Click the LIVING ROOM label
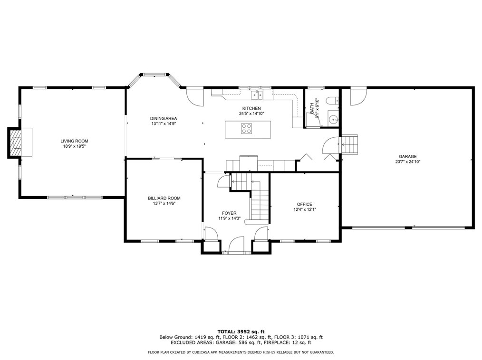pyautogui.click(x=74, y=141)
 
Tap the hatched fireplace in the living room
pyautogui.click(x=16, y=142)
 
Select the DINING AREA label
pyautogui.click(x=164, y=118)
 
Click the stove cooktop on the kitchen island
pyautogui.click(x=246, y=128)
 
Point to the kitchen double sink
pyautogui.click(x=257, y=95)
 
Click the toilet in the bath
pyautogui.click(x=333, y=100)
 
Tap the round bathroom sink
pyautogui.click(x=333, y=119)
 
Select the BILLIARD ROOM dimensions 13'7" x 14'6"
pyautogui.click(x=164, y=203)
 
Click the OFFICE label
pyautogui.click(x=305, y=204)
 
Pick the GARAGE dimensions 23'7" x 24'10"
pyautogui.click(x=408, y=161)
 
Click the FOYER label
pyautogui.click(x=229, y=213)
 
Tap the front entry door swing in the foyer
pyautogui.click(x=236, y=245)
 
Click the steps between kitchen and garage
pyautogui.click(x=350, y=144)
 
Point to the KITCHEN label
pyautogui.click(x=251, y=108)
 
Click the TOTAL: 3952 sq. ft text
pyautogui.click(x=241, y=332)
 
